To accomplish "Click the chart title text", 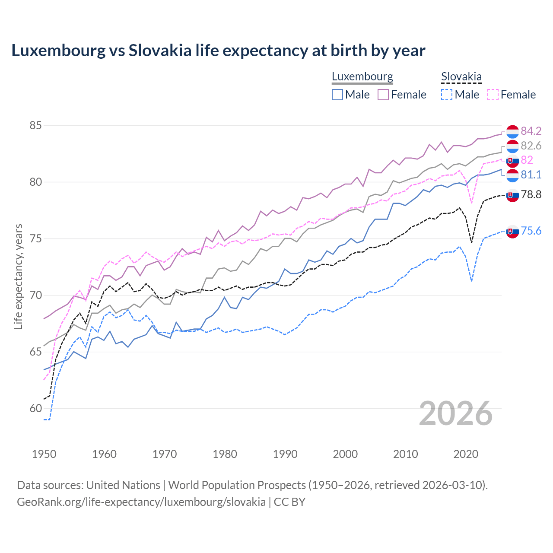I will pyautogui.click(x=218, y=51).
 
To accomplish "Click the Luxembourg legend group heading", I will pyautogui.click(x=362, y=76).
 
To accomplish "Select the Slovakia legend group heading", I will pyautogui.click(x=461, y=76).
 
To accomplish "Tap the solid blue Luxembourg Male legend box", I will pyautogui.click(x=337, y=95).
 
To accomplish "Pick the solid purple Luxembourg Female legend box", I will pyautogui.click(x=383, y=95).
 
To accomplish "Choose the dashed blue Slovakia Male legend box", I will pyautogui.click(x=447, y=95).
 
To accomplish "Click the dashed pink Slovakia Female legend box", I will pyautogui.click(x=493, y=95).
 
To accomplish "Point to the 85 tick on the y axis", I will pyautogui.click(x=35, y=126).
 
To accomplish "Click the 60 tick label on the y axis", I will pyautogui.click(x=35, y=408).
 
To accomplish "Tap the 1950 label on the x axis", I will pyautogui.click(x=44, y=454).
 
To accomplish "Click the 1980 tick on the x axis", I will pyautogui.click(x=225, y=454).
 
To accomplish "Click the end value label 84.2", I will pyautogui.click(x=531, y=131).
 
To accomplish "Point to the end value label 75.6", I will pyautogui.click(x=531, y=231).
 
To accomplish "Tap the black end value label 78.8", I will pyautogui.click(x=531, y=195).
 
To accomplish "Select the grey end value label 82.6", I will pyautogui.click(x=531, y=146).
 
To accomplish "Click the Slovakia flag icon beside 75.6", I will pyautogui.click(x=512, y=232).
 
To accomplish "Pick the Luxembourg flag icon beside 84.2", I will pyautogui.click(x=512, y=132).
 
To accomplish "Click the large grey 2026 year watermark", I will pyautogui.click(x=456, y=413).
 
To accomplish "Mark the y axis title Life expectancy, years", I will pyautogui.click(x=18, y=276).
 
